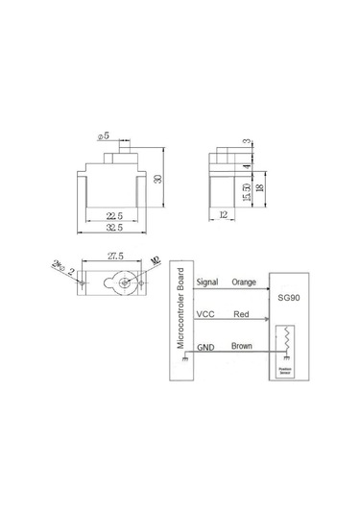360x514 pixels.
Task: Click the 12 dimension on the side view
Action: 223,216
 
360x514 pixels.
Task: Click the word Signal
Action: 206,282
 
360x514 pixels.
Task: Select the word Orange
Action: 245,282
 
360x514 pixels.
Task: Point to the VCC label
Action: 204,313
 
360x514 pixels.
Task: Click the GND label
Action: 204,346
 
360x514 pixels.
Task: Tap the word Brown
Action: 243,346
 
